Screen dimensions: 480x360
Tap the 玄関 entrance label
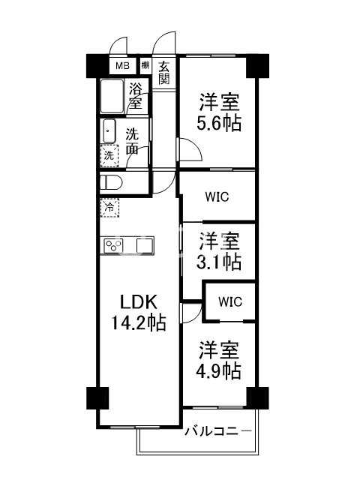pyautogui.click(x=164, y=73)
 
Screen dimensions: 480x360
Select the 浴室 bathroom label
pyautogui.click(x=135, y=96)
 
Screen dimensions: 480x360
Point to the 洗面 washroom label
pyautogui.click(x=131, y=142)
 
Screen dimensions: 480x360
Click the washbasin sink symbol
pyautogui.click(x=109, y=133)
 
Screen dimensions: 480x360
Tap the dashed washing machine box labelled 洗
pyautogui.click(x=109, y=156)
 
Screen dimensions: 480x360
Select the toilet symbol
pyautogui.click(x=113, y=182)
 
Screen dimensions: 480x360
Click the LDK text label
pyautogui.click(x=139, y=303)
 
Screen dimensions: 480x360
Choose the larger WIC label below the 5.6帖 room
pyautogui.click(x=217, y=197)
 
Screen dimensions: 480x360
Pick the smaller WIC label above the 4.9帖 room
pyautogui.click(x=229, y=301)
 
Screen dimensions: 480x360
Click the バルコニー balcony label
pyautogui.click(x=217, y=431)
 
